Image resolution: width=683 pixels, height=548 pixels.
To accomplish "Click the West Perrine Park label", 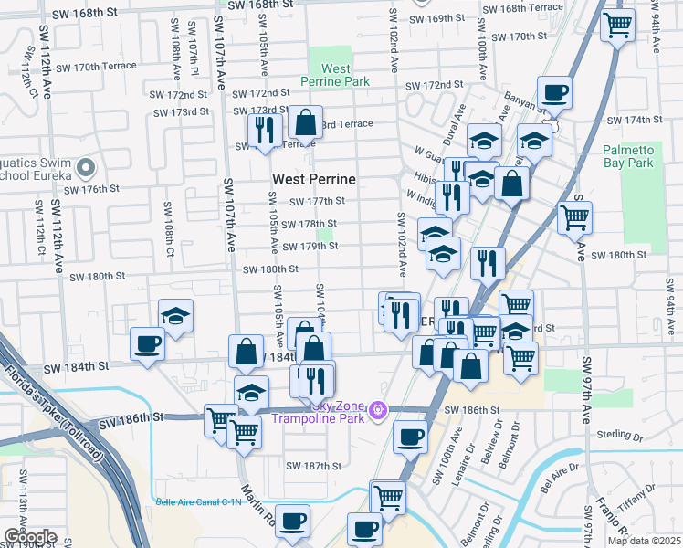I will tap(336, 75).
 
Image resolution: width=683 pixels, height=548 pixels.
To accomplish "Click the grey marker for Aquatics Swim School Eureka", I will tap(86, 167).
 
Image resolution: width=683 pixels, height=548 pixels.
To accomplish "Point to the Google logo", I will tap(30, 537).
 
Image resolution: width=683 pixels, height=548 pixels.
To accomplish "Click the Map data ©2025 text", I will tap(645, 541).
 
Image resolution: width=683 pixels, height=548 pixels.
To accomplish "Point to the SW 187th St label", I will tap(313, 466).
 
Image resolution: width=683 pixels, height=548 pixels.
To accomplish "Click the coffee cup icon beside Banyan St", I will tap(553, 92).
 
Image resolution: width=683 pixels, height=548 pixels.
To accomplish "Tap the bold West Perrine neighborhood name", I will tap(313, 179).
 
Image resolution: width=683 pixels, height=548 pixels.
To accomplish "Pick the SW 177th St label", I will tap(317, 201).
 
